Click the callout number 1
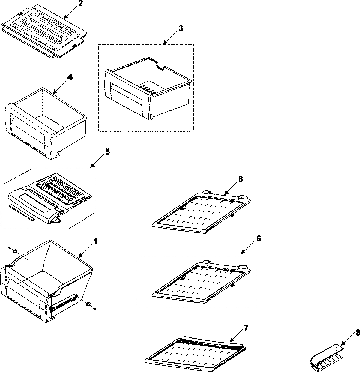95,241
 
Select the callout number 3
181,28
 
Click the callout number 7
246,328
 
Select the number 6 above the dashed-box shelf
259,239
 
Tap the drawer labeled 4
45,123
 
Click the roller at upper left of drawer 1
16,251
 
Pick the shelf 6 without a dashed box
201,210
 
